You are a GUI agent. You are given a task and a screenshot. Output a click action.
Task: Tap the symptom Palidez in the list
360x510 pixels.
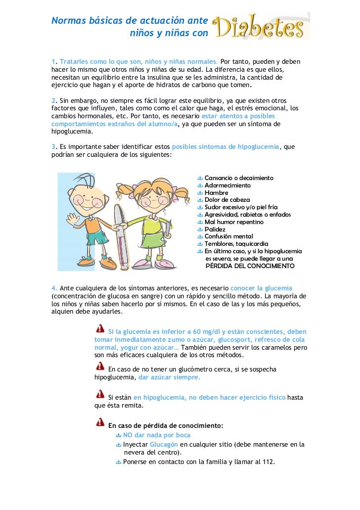pyautogui.click(x=215, y=229)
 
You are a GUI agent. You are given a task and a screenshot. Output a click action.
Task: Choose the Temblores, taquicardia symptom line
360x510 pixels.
pyautogui.click(x=236, y=244)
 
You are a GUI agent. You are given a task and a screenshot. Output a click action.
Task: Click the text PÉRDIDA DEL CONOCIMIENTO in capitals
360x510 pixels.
pyautogui.click(x=250, y=266)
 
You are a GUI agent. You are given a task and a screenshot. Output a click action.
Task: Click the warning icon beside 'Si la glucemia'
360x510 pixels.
pyautogui.click(x=99, y=330)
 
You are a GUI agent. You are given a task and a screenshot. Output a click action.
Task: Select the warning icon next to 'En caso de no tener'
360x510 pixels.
pyautogui.click(x=99, y=367)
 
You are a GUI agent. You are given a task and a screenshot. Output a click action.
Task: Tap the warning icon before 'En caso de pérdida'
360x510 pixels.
pyautogui.click(x=99, y=423)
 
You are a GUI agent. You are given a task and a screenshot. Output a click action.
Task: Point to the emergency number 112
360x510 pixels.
pyautogui.click(x=268, y=462)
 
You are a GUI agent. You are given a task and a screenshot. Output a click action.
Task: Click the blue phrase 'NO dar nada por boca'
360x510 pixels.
pyautogui.click(x=156, y=435)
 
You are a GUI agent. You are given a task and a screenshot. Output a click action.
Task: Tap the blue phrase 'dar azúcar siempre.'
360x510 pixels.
pyautogui.click(x=169, y=377)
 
